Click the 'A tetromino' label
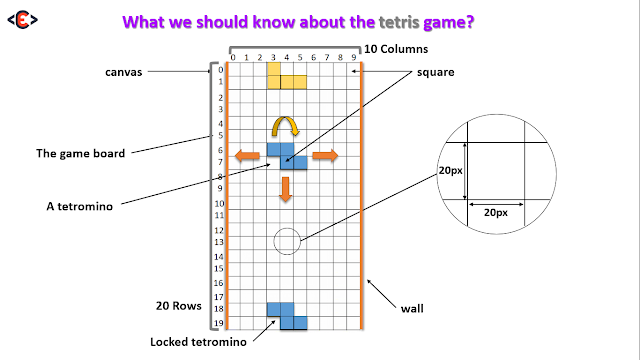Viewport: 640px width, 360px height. (77, 207)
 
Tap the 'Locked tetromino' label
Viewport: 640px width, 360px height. (198, 342)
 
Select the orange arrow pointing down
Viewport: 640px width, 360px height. (286, 188)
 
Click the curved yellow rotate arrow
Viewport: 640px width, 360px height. (285, 126)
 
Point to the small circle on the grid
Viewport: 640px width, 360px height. (286, 240)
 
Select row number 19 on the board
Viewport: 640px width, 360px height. (219, 323)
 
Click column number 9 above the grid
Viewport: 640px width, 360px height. (353, 57)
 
